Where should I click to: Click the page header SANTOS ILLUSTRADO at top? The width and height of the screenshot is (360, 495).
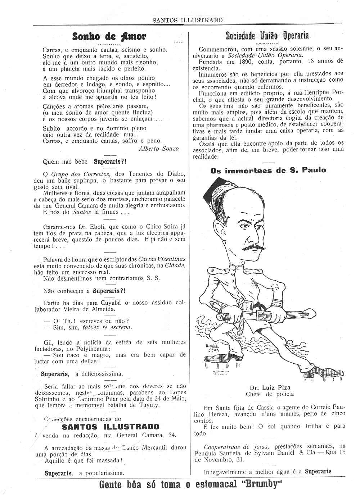(187, 20)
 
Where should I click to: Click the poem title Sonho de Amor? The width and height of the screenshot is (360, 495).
(109, 36)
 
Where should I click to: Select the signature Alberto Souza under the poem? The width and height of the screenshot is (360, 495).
(158, 149)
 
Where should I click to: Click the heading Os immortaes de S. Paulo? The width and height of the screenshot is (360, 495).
(268, 170)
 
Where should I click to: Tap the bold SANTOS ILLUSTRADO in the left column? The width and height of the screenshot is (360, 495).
(111, 427)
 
